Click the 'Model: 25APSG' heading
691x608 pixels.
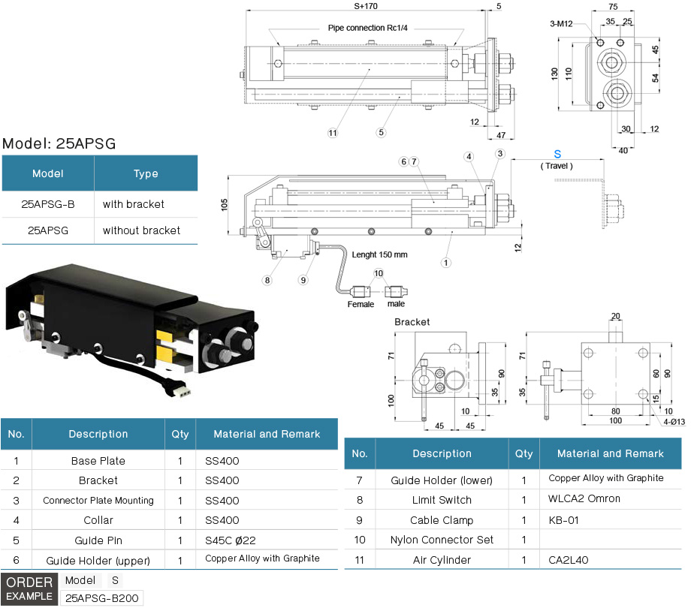point(59,143)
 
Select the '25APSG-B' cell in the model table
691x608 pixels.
point(47,204)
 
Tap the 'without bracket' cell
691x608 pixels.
point(141,230)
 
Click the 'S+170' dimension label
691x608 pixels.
point(366,6)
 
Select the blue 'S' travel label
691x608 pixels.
point(557,154)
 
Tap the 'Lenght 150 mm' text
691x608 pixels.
point(379,255)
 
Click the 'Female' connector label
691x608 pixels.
point(361,304)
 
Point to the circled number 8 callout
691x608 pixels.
point(267,281)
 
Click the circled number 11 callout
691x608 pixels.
point(332,133)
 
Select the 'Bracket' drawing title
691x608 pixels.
point(412,321)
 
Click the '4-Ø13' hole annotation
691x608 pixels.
point(673,422)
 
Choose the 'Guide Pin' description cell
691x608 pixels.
point(98,540)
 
